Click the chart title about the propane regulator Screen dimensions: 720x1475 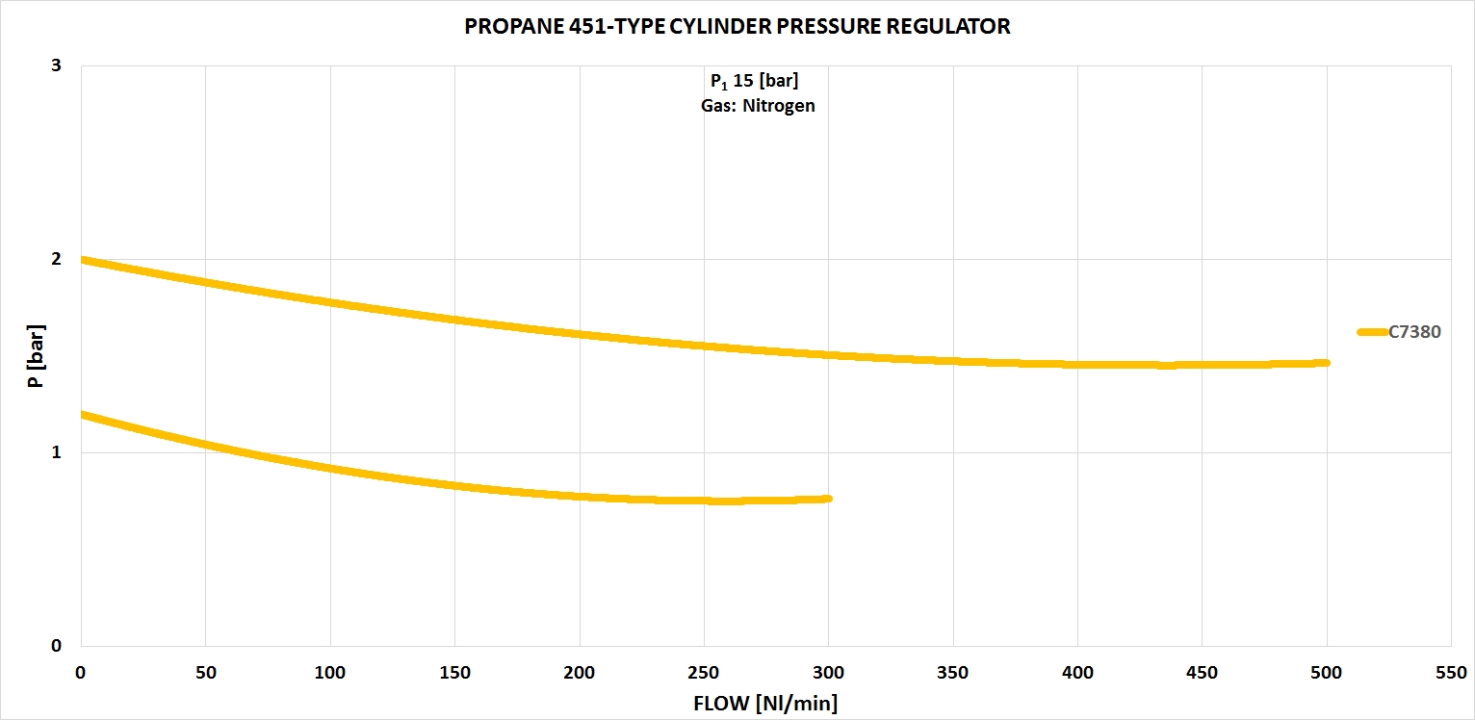pos(737,27)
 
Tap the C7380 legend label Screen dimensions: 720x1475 pos(1414,332)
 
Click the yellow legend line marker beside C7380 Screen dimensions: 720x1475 pos(1372,332)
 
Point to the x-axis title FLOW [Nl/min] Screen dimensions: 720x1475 pos(765,704)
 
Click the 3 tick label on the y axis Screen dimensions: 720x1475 pos(56,65)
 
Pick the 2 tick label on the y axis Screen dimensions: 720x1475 pos(56,259)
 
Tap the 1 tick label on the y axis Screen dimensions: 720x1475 pos(56,452)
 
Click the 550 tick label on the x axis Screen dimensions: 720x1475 pos(1450,673)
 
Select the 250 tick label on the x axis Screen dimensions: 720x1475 pos(704,673)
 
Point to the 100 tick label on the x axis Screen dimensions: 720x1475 pos(330,673)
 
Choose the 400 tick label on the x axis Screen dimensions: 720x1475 pos(1077,673)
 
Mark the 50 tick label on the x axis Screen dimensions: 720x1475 pos(205,673)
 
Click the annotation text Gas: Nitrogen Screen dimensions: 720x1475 pos(758,106)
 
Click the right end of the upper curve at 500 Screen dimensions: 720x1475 pos(1326,363)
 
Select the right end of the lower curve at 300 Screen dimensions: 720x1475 pos(827,499)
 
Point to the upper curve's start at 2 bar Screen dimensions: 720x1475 pos(84,260)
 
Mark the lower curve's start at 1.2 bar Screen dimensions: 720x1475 pos(84,415)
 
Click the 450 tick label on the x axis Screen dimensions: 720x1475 pos(1202,673)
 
